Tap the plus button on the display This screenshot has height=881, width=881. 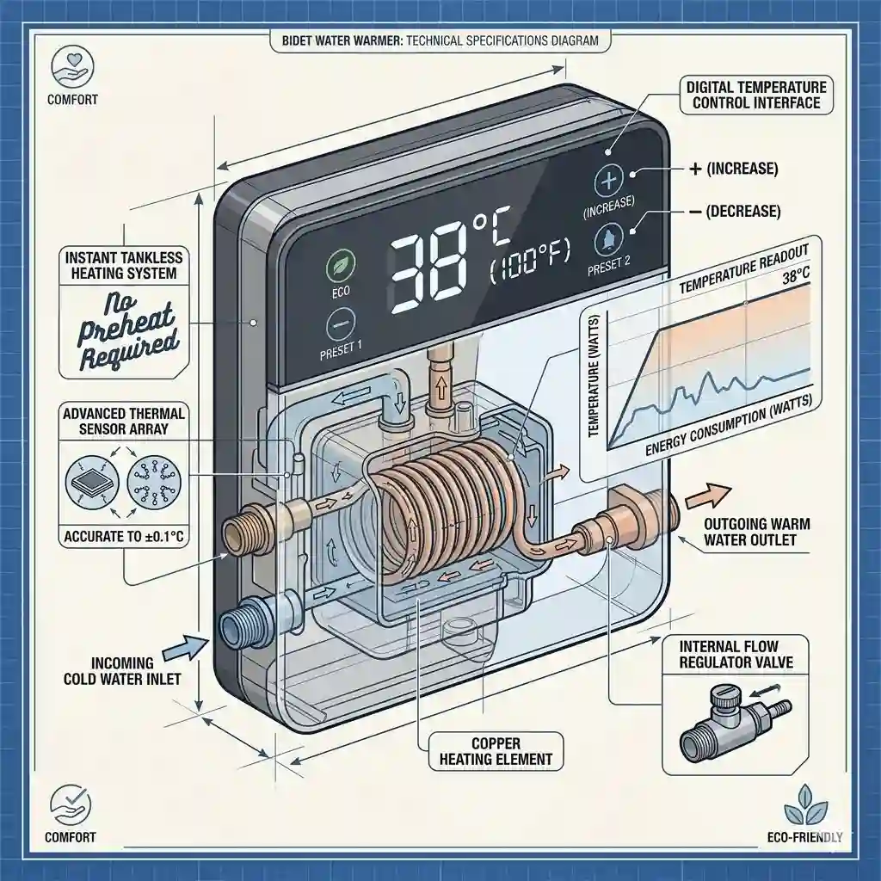pos(609,181)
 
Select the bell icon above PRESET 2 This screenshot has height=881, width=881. pos(608,239)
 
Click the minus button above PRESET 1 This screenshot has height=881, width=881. pos(341,325)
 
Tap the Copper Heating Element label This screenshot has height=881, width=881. pos(496,751)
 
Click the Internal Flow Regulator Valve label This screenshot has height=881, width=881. pos(736,654)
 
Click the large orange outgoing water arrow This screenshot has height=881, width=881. pos(709,496)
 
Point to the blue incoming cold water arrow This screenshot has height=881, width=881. pos(185,649)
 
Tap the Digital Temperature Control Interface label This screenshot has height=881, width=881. pos(756,95)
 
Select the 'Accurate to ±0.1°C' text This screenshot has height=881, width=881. pos(124,536)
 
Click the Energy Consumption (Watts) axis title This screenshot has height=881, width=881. pos(729,425)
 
